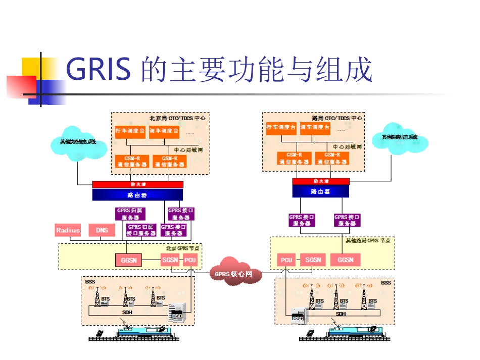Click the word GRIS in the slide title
(x=99, y=70)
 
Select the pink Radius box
(x=68, y=230)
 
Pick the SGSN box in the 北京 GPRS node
(x=170, y=260)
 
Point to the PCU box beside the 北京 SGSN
(x=190, y=260)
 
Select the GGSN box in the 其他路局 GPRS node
(x=346, y=260)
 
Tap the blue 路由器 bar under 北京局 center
(x=137, y=194)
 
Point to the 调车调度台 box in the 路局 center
(x=315, y=128)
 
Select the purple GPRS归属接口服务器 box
(x=141, y=230)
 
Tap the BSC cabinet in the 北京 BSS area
(x=176, y=312)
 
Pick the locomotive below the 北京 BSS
(x=142, y=331)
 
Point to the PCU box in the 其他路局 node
(x=286, y=260)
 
